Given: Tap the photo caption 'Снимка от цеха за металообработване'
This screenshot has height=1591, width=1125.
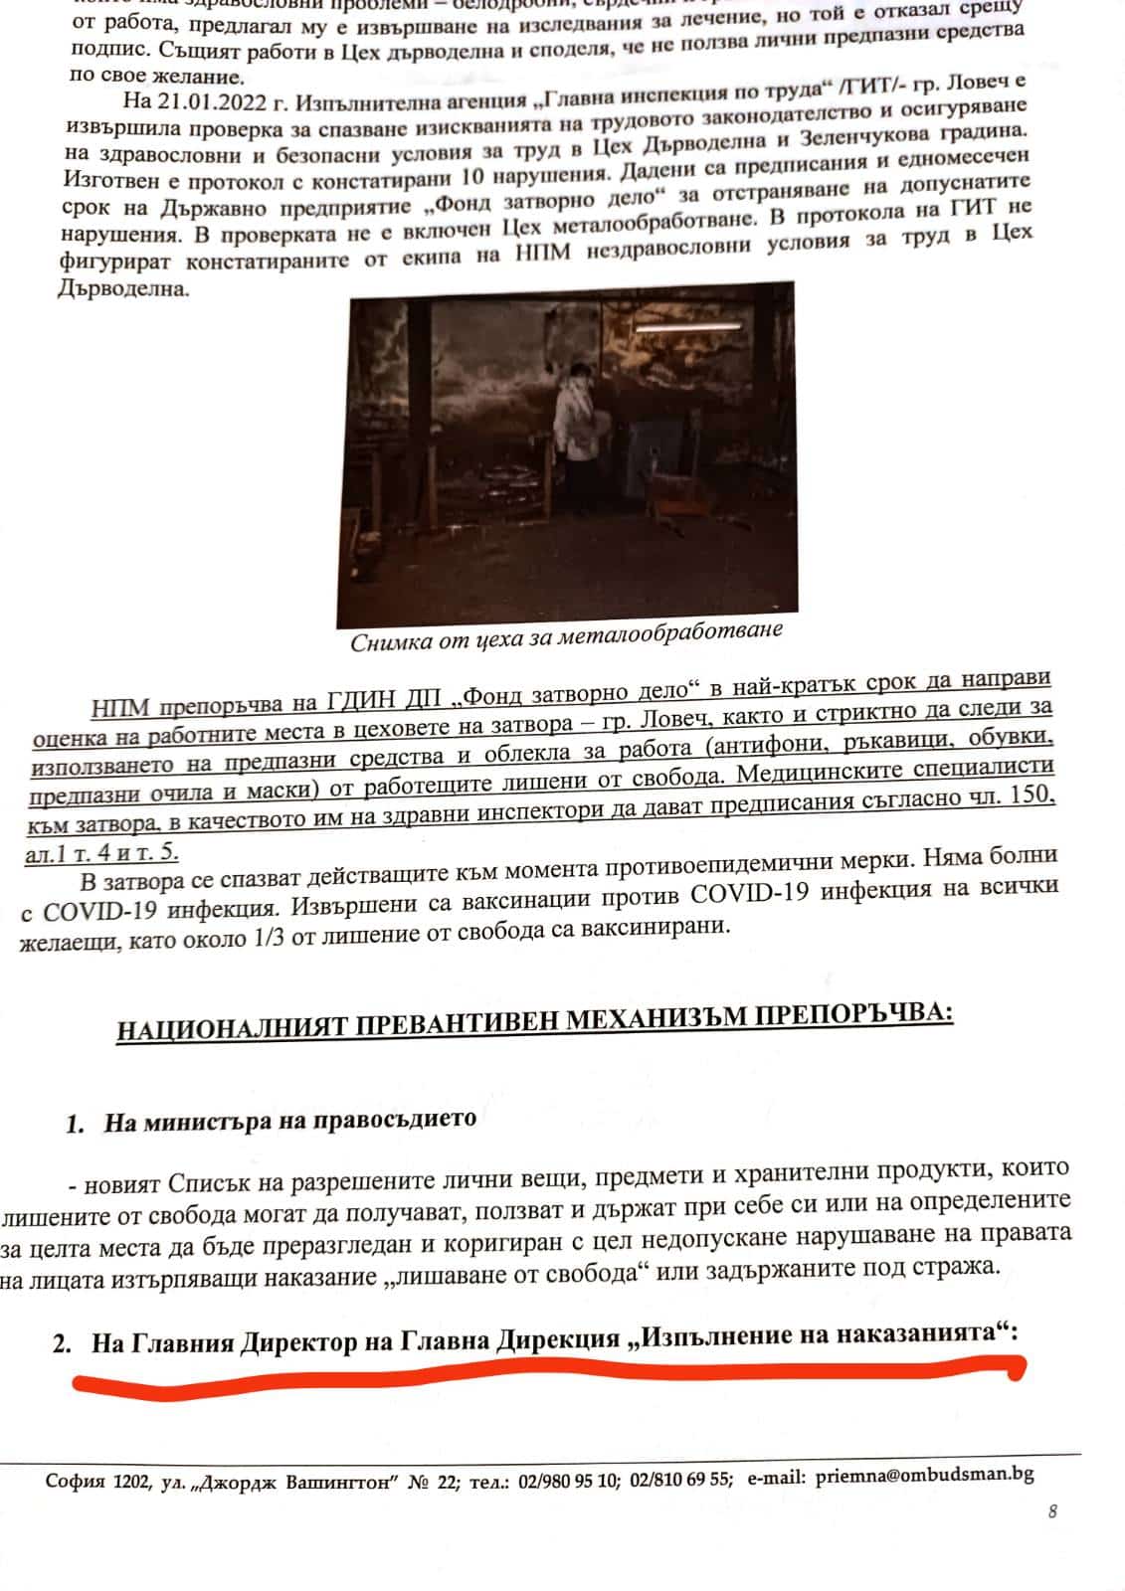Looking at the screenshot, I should pyautogui.click(x=566, y=636).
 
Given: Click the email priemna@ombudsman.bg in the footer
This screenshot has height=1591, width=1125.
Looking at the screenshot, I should pyautogui.click(x=924, y=1476).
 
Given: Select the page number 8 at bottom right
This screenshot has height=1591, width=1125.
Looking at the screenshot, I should pyautogui.click(x=1052, y=1512).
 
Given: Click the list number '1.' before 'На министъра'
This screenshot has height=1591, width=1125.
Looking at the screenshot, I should pyautogui.click(x=75, y=1125).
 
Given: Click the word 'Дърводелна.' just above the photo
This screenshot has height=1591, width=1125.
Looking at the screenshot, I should pyautogui.click(x=123, y=289).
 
